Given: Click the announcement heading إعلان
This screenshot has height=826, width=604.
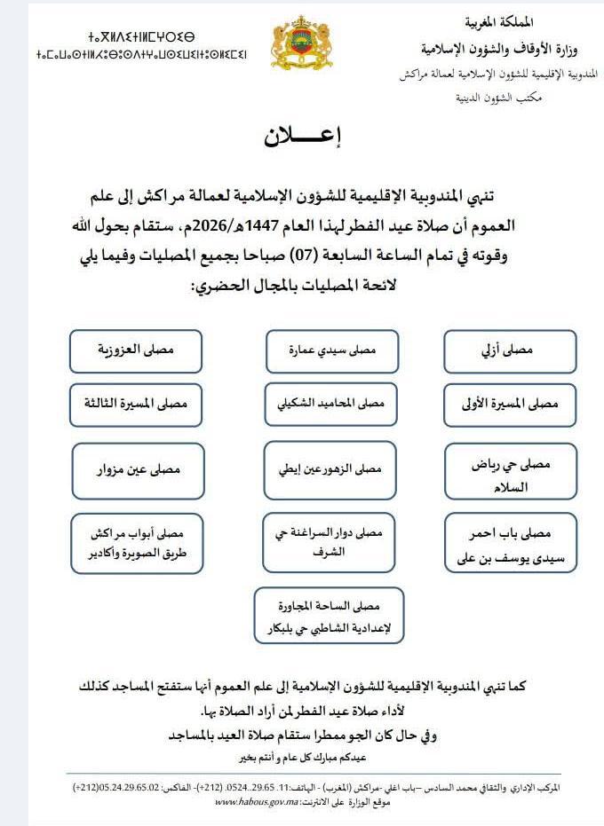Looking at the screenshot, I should click(303, 138).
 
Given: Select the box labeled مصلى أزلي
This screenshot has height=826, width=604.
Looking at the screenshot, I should click(511, 351).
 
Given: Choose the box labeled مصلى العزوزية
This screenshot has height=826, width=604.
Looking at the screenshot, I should click(137, 351).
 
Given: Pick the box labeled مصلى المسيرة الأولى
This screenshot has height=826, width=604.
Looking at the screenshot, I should click(511, 404).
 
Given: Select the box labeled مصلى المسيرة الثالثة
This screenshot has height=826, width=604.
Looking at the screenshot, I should click(137, 404).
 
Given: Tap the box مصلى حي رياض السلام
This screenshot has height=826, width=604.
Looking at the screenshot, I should click(511, 475).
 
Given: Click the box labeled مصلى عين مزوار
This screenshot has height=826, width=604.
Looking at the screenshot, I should click(137, 468).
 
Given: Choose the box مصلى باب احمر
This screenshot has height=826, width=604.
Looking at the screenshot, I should click(511, 542).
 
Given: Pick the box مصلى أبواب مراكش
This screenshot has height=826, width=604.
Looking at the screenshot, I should click(137, 542).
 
